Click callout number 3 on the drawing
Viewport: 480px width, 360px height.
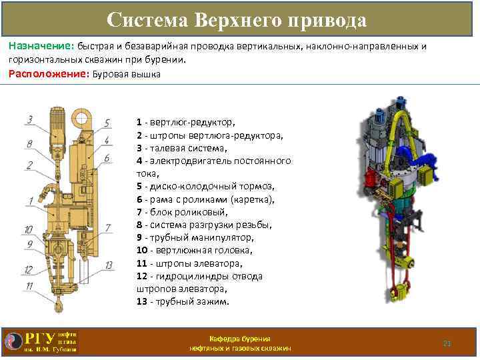pyautogui.click(x=29, y=120)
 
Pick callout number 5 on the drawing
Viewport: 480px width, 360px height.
pyautogui.click(x=107, y=124)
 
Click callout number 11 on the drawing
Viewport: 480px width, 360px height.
pyautogui.click(x=29, y=287)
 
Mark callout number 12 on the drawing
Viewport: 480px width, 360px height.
pyautogui.click(x=29, y=270)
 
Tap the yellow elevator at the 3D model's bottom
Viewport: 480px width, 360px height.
pyautogui.click(x=401, y=292)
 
